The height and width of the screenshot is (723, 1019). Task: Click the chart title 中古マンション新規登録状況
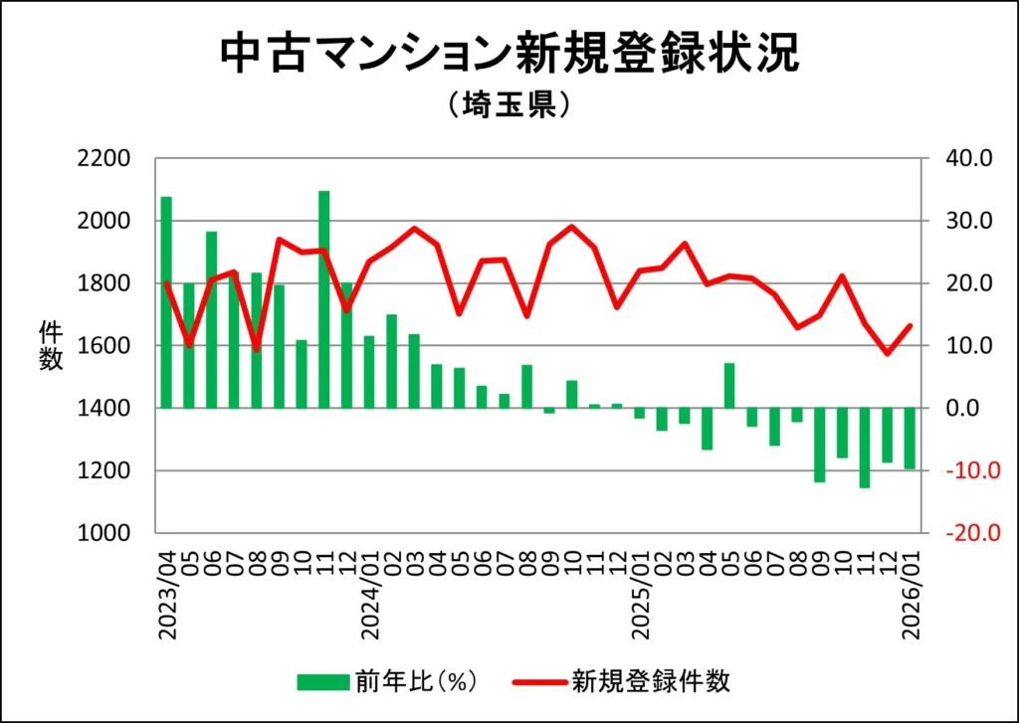(509, 56)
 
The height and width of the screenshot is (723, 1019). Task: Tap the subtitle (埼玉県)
(509, 106)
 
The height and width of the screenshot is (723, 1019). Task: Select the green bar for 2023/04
(166, 302)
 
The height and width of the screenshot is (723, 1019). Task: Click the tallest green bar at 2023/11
(324, 299)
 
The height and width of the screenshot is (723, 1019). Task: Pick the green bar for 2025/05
(729, 386)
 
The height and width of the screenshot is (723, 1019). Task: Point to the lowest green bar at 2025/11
(865, 448)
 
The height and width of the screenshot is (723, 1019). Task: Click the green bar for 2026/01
(910, 438)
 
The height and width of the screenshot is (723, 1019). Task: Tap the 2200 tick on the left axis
(104, 159)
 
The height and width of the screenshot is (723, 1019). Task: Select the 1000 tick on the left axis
(104, 533)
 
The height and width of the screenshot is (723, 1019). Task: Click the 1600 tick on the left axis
(104, 346)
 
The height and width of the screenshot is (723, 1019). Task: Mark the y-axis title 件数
(50, 345)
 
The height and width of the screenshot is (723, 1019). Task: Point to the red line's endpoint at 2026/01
(910, 325)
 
